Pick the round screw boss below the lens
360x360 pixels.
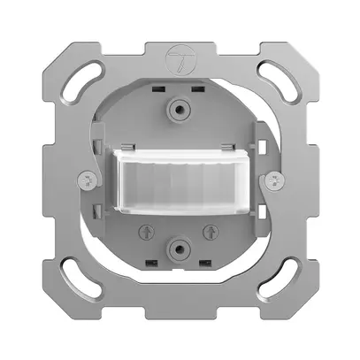[x=180, y=249]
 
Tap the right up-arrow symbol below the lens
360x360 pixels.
[x=210, y=231]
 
